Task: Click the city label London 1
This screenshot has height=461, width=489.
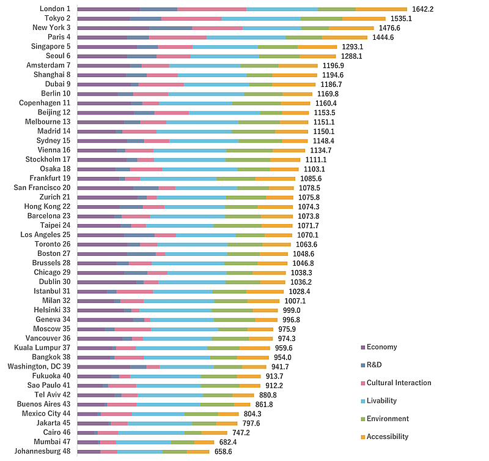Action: (x=54, y=9)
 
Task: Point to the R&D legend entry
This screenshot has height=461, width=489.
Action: (x=375, y=365)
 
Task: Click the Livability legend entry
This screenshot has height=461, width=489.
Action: (x=381, y=401)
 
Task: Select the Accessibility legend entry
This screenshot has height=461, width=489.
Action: (x=388, y=437)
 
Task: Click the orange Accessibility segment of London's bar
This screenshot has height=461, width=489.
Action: (x=381, y=9)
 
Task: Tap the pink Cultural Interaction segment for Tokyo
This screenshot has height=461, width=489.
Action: (x=191, y=18)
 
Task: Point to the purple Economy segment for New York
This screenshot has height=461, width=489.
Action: (x=113, y=28)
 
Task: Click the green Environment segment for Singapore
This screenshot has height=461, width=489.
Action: (x=278, y=47)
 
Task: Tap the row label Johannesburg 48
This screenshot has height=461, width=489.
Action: (x=43, y=451)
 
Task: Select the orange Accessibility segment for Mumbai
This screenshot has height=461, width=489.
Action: (x=204, y=442)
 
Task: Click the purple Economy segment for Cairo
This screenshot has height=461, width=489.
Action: (x=87, y=432)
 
